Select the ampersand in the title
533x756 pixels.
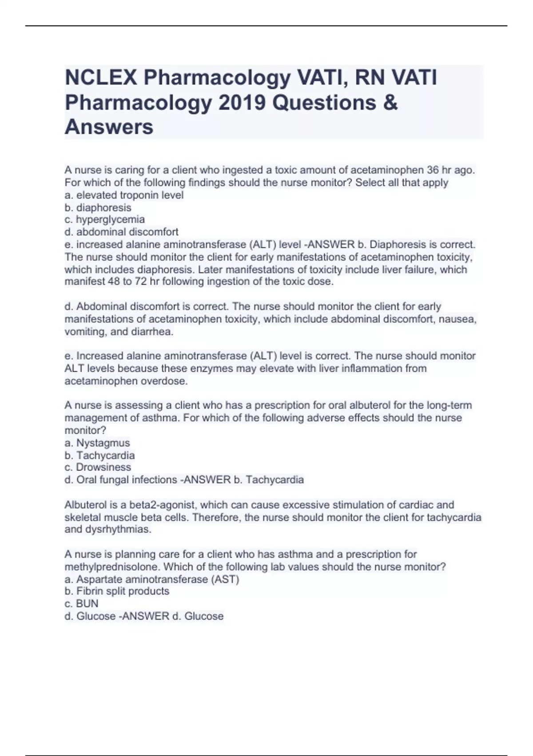point(390,102)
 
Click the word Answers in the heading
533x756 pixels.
point(109,127)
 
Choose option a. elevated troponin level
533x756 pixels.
point(124,195)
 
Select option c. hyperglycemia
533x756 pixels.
point(105,220)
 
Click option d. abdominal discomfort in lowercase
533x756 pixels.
point(122,232)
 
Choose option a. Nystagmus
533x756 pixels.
point(97,443)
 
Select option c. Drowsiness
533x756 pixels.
point(98,467)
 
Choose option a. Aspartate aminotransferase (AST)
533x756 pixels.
point(152,579)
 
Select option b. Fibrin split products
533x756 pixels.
point(117,591)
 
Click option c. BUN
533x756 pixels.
point(82,604)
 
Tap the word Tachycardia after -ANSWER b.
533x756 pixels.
point(275,480)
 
